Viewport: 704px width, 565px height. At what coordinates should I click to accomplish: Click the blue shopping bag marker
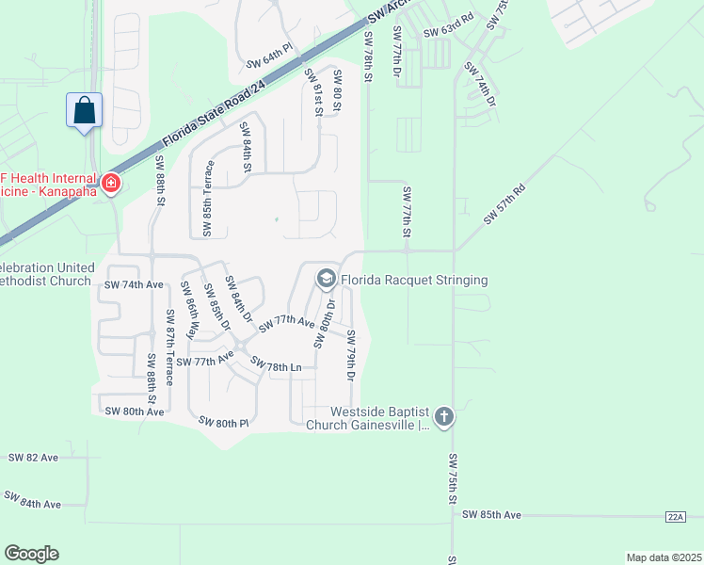[x=85, y=110]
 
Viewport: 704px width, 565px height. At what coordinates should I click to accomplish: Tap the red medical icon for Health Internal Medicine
[x=111, y=182]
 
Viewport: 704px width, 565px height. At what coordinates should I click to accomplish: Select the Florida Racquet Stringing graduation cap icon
[x=326, y=279]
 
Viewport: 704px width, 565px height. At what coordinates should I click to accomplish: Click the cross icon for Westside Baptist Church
[x=444, y=415]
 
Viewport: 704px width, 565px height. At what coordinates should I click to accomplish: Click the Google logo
[x=31, y=554]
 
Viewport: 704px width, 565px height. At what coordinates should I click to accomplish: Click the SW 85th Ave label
[x=491, y=515]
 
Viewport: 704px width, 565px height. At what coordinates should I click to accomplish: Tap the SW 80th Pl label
[x=223, y=423]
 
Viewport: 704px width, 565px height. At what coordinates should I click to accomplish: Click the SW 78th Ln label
[x=275, y=365]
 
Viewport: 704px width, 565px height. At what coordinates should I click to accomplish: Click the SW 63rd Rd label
[x=447, y=32]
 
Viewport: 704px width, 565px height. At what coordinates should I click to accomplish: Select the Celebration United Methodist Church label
[x=47, y=274]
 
